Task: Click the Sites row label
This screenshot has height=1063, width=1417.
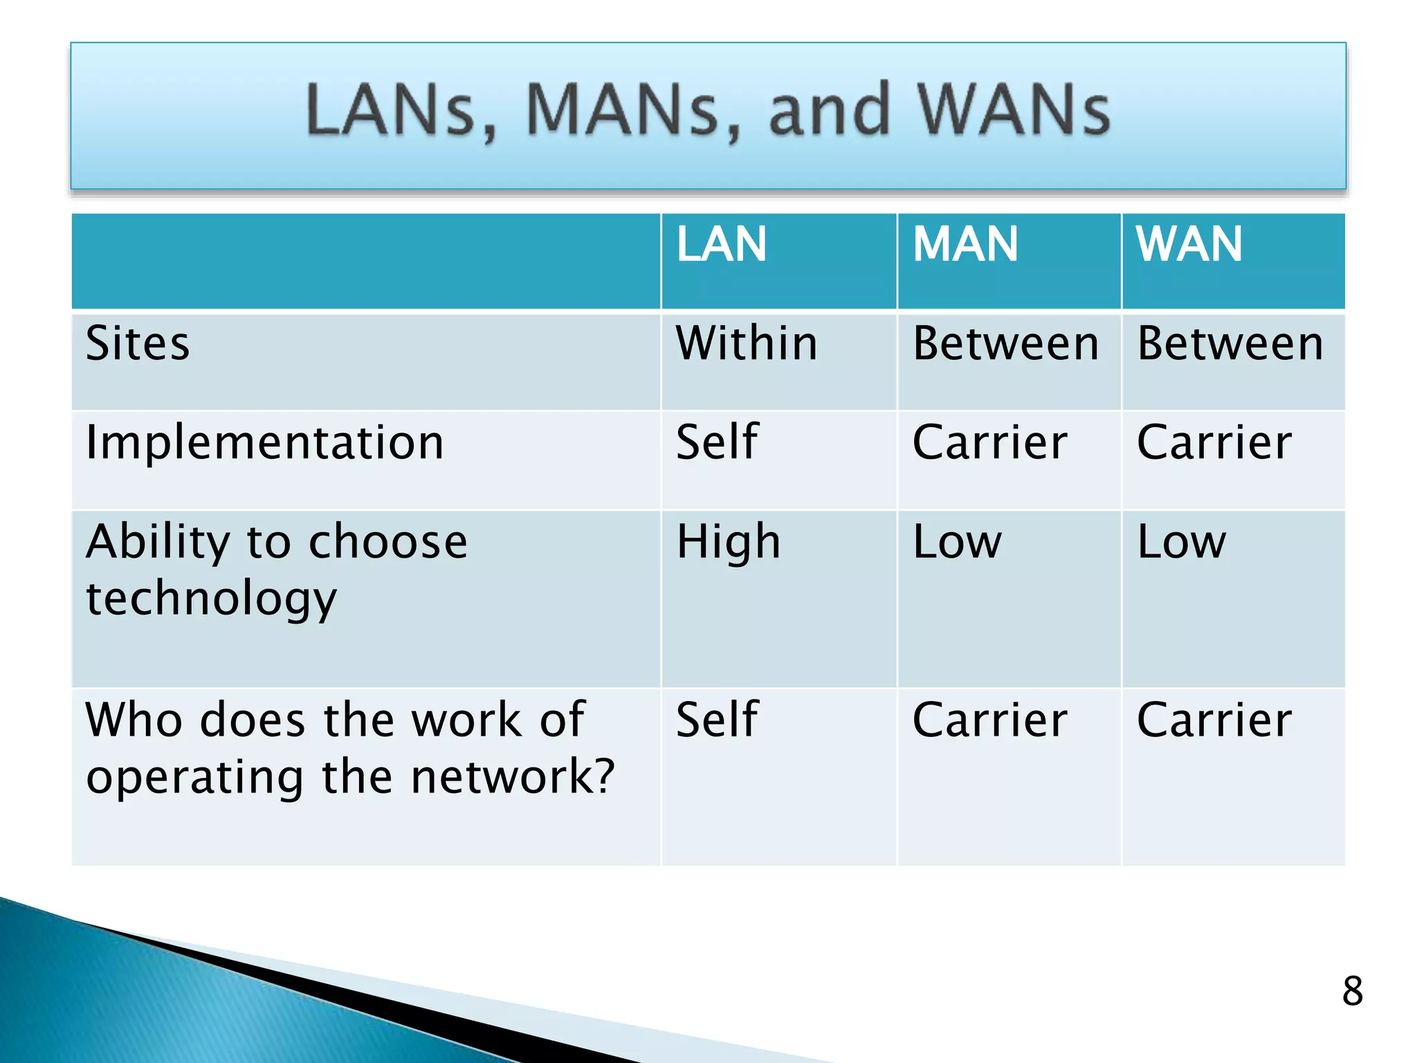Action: click(x=137, y=344)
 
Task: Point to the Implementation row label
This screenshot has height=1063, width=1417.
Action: click(x=264, y=443)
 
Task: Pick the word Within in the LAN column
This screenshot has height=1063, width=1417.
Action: click(x=747, y=344)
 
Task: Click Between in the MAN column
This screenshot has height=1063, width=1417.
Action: click(x=1005, y=344)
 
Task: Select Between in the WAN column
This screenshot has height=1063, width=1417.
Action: click(x=1229, y=344)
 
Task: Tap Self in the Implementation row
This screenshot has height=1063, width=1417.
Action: click(x=717, y=442)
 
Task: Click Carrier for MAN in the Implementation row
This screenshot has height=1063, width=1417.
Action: click(x=989, y=443)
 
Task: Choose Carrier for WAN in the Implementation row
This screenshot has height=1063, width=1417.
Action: click(x=1214, y=443)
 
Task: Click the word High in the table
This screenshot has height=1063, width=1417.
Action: click(x=728, y=542)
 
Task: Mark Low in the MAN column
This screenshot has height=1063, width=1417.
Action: click(x=957, y=542)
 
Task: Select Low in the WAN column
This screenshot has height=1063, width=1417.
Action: click(x=1181, y=542)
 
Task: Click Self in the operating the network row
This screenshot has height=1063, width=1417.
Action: click(x=717, y=720)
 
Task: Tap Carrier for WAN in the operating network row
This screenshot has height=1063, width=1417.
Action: click(x=1214, y=720)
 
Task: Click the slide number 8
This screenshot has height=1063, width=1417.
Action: click(x=1352, y=991)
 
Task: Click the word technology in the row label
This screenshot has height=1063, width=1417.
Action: click(x=211, y=599)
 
